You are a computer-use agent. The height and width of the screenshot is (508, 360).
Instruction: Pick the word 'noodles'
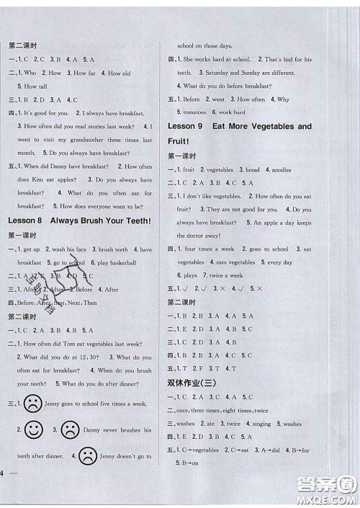pyautogui.click(x=282, y=169)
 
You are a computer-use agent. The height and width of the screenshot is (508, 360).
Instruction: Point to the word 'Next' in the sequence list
pyautogui.click(x=72, y=303)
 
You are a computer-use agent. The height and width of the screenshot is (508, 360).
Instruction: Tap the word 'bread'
pyautogui.click(x=252, y=169)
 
